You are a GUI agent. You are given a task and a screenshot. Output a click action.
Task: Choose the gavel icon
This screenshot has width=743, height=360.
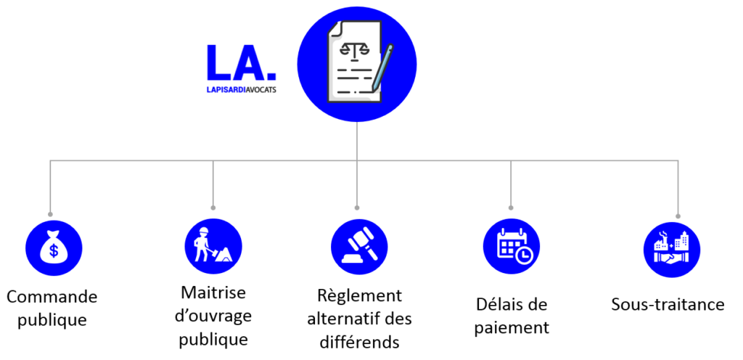click(358, 247)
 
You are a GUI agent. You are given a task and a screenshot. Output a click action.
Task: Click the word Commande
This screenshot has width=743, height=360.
click(52, 297)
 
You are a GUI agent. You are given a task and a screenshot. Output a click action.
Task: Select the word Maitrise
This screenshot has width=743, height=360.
click(213, 292)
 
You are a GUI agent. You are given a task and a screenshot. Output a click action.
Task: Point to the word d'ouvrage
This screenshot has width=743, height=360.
click(213, 316)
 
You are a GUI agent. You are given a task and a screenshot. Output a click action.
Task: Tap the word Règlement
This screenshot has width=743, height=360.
click(359, 296)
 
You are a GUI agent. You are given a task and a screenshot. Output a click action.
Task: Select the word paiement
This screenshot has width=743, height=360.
click(512, 327)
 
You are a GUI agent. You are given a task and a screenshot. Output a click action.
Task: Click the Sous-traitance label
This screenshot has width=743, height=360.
click(668, 304)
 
